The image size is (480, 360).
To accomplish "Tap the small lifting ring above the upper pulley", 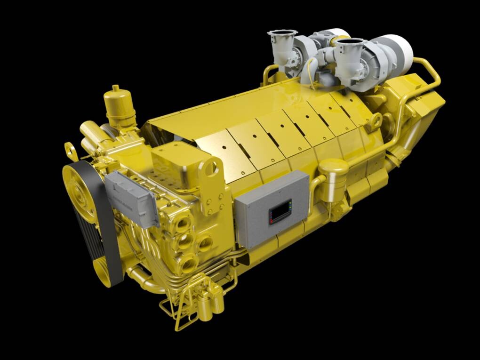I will [70, 150].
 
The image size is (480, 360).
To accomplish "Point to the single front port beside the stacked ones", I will [205, 243].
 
